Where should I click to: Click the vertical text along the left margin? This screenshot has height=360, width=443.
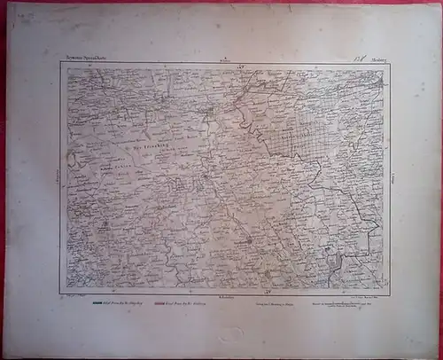click(55, 173)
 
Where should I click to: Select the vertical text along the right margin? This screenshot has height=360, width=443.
click(395, 177)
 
